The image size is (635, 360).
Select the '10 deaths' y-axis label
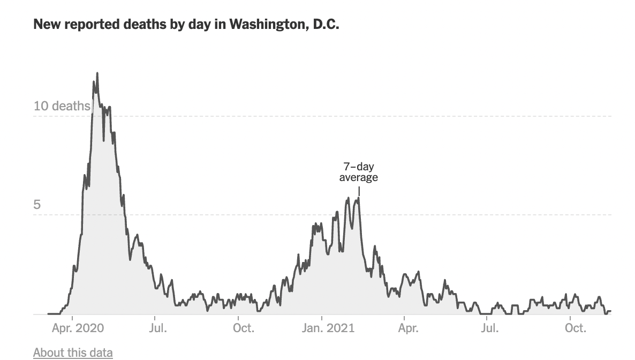pyautogui.click(x=62, y=106)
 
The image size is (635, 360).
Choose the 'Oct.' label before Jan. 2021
pyautogui.click(x=244, y=328)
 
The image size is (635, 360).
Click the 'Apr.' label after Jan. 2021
pyautogui.click(x=408, y=328)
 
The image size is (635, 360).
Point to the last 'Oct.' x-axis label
pyautogui.click(x=576, y=328)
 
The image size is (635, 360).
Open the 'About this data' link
pyautogui.click(x=73, y=352)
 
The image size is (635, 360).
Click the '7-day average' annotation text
pyautogui.click(x=359, y=172)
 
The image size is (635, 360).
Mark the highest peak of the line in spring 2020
pyautogui.click(x=97, y=73)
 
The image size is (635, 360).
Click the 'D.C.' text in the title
pyautogui.click(x=323, y=25)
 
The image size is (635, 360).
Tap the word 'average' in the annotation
pyautogui.click(x=359, y=177)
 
